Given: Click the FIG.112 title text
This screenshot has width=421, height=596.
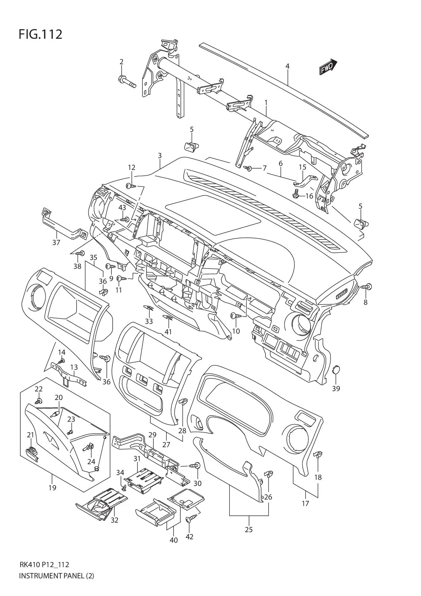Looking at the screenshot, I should pos(40,34).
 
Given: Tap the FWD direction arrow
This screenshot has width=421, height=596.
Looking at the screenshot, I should pos(328,67).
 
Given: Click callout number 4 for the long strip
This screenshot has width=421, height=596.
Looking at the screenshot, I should pos(287,66).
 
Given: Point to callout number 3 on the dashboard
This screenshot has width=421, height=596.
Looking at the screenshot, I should pos(160,156).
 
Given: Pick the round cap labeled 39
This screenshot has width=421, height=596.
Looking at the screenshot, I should pos(336,370).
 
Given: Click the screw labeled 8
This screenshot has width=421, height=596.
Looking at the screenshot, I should pos(367,287).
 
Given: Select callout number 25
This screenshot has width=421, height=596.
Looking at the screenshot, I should pos(249,529).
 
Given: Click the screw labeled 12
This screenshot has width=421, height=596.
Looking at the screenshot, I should pos(130,186).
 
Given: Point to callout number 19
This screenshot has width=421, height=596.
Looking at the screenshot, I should pos(52,488).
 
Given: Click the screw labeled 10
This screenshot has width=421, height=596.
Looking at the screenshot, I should pos(235,316).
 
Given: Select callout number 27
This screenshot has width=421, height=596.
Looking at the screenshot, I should pos(166,444).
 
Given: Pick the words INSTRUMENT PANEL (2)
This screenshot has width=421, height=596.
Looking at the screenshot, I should pos(56,576).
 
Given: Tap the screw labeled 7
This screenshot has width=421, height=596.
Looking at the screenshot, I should pos(249,168).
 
